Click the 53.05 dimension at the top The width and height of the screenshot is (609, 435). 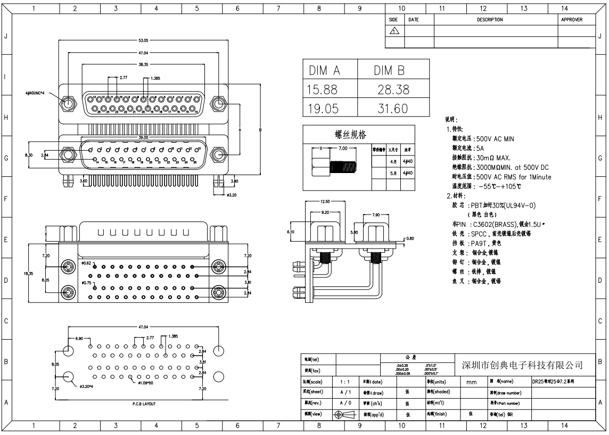click(x=143, y=40)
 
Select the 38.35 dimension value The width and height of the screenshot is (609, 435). click(x=143, y=64)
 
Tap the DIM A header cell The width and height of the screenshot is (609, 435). click(x=324, y=70)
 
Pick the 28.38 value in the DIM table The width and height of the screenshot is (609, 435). click(x=393, y=89)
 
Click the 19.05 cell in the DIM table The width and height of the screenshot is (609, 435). click(x=324, y=109)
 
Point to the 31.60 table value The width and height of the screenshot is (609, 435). click(x=393, y=109)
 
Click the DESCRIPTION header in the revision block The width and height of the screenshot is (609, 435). click(x=490, y=20)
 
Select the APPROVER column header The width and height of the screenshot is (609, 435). click(x=572, y=20)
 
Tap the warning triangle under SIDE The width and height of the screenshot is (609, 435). click(x=394, y=31)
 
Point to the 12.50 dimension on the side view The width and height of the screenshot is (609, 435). click(x=325, y=202)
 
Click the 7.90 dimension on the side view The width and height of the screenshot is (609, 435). click(x=376, y=215)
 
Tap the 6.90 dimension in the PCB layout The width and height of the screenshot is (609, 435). click(x=79, y=339)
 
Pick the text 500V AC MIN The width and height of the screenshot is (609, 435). click(x=495, y=139)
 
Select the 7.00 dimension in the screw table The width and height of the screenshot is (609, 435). click(x=343, y=149)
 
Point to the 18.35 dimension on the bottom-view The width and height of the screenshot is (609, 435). click(x=29, y=274)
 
